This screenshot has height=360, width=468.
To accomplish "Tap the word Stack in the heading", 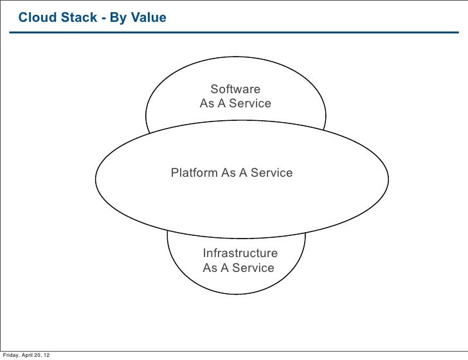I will (78, 17).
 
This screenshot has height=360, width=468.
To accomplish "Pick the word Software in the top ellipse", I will (235, 89).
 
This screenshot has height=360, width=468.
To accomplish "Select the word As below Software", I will (207, 104).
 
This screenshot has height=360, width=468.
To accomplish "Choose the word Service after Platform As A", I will (271, 173).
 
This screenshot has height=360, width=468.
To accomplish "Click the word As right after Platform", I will (229, 173).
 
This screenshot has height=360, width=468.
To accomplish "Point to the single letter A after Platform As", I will (243, 173).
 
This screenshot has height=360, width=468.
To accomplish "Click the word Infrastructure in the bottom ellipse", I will (240, 253).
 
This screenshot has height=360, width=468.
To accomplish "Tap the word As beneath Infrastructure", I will (210, 268).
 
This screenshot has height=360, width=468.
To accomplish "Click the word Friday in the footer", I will (11, 355).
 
